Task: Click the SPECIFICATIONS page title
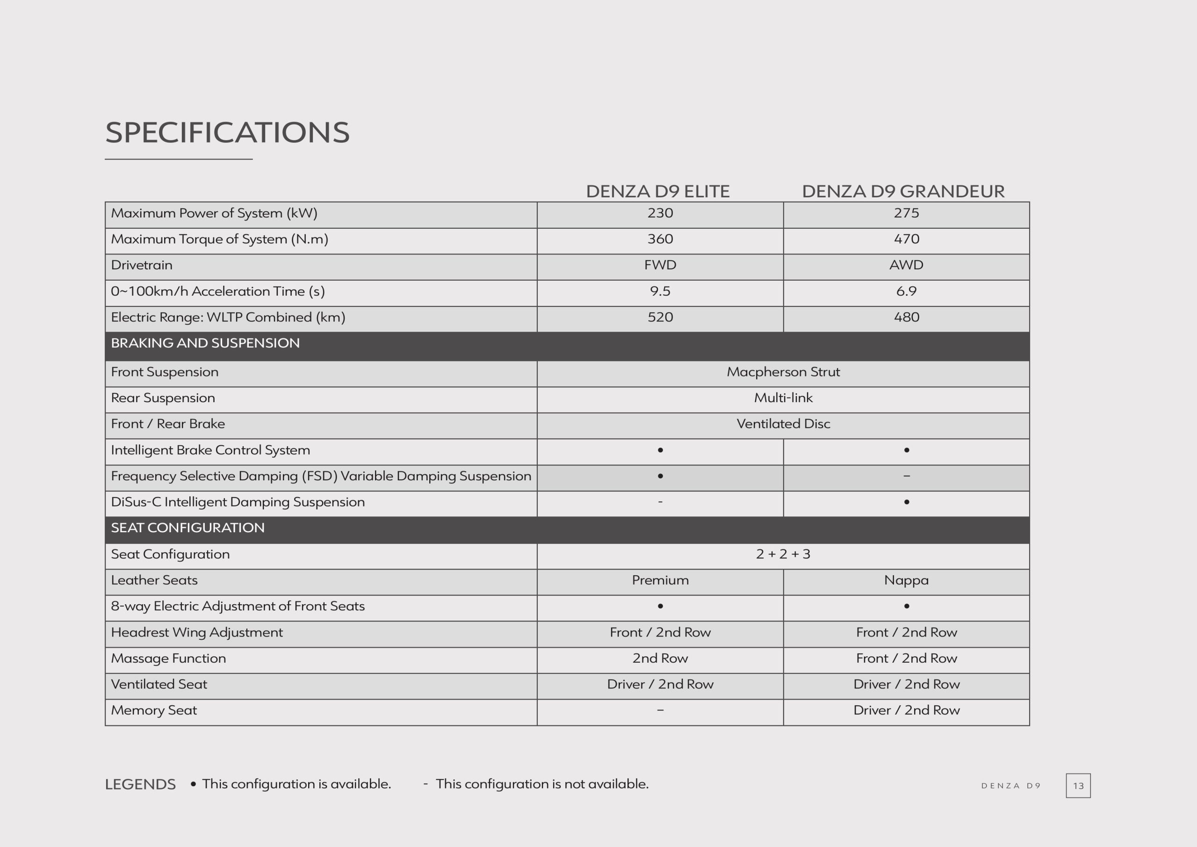click(227, 132)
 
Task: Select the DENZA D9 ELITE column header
click(657, 191)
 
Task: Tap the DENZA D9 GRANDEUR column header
click(903, 191)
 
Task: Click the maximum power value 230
click(660, 213)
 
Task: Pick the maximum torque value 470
click(906, 239)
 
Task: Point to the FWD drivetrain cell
click(660, 265)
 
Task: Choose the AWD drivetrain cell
click(906, 265)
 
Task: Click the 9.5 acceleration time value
click(660, 291)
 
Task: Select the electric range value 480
click(906, 317)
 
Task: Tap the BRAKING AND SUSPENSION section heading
click(205, 343)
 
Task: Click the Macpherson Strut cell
click(783, 372)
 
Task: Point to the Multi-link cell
click(783, 398)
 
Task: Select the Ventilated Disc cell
click(783, 424)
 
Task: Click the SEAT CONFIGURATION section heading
click(187, 528)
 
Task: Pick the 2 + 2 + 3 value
click(783, 554)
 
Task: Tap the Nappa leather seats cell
click(906, 580)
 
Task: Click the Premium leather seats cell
click(660, 580)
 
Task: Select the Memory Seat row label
click(154, 710)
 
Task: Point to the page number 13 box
click(1078, 785)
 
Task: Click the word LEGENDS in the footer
click(140, 784)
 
